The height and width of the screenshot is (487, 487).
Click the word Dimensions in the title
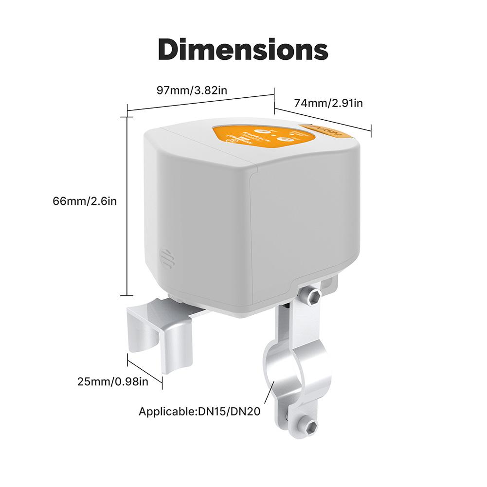(x=243, y=50)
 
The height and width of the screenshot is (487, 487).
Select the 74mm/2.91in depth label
(x=328, y=103)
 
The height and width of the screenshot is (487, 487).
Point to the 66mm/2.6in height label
(x=85, y=201)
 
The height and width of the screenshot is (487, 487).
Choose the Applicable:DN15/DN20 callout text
(x=200, y=412)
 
